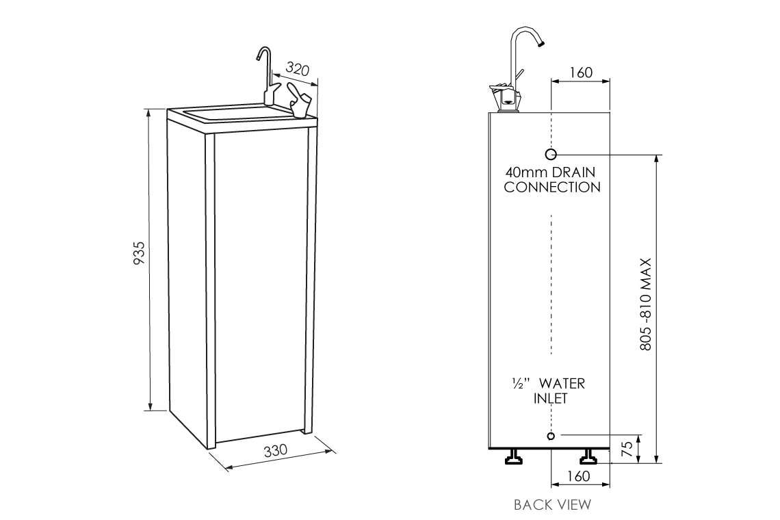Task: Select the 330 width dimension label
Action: point(274,452)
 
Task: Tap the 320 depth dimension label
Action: point(297,70)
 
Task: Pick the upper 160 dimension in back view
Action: point(580,73)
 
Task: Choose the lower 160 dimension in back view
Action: point(579,476)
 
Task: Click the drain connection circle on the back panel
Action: point(551,154)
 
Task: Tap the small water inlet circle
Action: point(551,436)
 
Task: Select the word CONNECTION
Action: point(552,187)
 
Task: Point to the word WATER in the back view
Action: point(562,384)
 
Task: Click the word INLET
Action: point(551,398)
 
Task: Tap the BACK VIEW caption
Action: point(552,505)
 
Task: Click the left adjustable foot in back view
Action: point(512,457)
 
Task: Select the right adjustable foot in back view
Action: point(588,457)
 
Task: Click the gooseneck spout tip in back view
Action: point(541,43)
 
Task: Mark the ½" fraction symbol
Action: point(518,384)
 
